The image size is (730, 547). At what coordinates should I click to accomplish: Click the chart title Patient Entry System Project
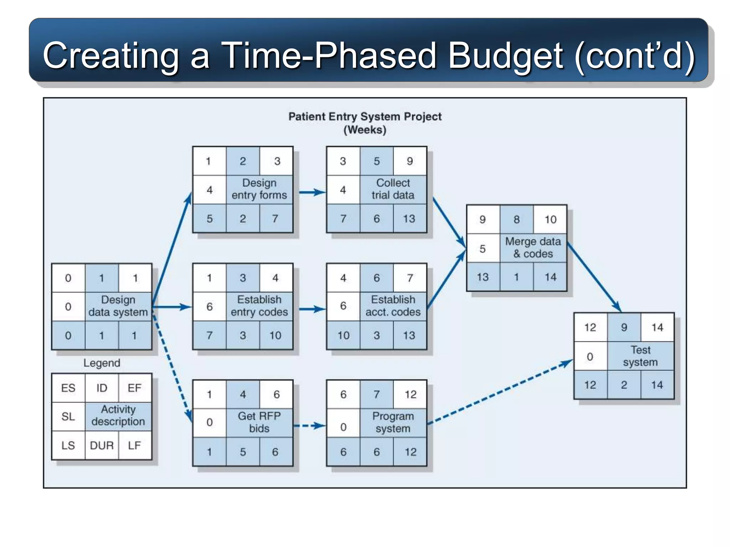click(x=365, y=116)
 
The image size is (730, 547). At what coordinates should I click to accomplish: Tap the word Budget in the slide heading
click(x=505, y=56)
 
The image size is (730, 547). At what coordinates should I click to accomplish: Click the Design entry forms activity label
click(x=259, y=189)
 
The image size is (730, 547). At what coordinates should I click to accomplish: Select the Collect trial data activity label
click(x=393, y=189)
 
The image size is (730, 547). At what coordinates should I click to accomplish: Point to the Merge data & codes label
click(x=533, y=248)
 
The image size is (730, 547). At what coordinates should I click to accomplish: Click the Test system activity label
click(x=640, y=356)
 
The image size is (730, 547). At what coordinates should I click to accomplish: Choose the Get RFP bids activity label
click(x=259, y=422)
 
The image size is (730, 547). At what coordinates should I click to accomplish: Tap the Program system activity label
click(x=393, y=422)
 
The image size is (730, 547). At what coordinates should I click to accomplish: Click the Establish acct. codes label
click(x=393, y=306)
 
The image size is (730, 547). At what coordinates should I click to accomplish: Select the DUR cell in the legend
click(x=102, y=445)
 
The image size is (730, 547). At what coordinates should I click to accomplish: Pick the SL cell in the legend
click(x=68, y=416)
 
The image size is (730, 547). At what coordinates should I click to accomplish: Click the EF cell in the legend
click(x=134, y=388)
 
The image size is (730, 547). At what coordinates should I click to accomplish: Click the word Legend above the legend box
click(x=102, y=363)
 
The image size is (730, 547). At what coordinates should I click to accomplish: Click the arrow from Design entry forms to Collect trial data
click(x=312, y=192)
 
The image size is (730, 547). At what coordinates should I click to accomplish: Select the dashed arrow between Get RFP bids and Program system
click(x=309, y=426)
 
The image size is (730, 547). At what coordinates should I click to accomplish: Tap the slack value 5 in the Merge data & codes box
click(x=483, y=249)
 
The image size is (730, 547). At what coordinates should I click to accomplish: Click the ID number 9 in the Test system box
click(x=624, y=327)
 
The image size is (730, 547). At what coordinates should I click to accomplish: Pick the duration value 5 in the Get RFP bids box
click(x=243, y=452)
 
